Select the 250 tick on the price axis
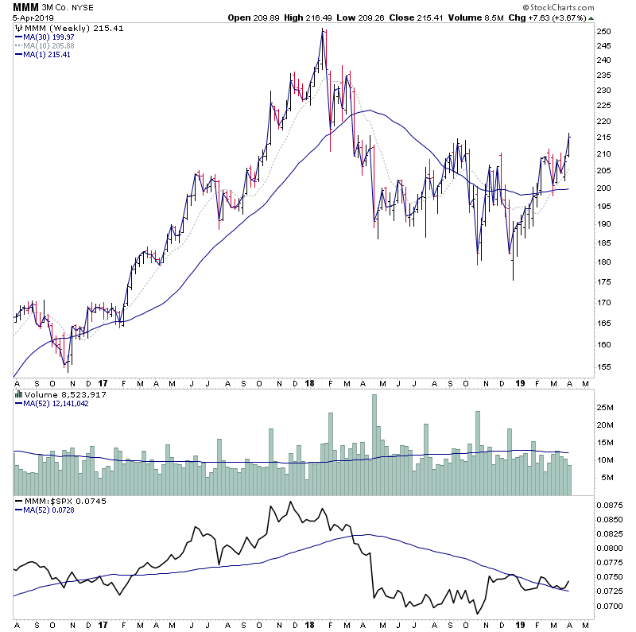[604, 32]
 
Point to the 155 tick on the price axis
[604, 366]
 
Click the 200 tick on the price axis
[604, 188]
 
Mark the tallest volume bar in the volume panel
[374, 445]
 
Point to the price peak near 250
[323, 30]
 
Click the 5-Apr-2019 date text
[29, 18]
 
